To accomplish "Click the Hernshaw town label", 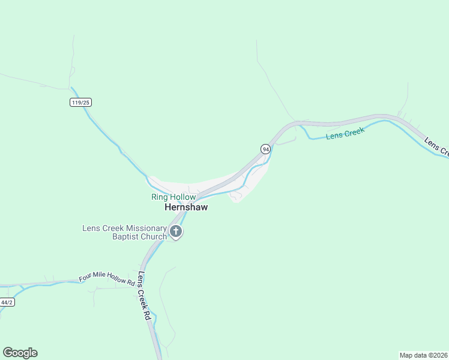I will point(186,207).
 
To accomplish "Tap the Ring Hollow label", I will point(173,197).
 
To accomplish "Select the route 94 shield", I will point(265,149).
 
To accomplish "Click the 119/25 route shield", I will point(80,103).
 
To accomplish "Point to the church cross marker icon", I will point(176,232).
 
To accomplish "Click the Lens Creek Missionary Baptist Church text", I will point(124,232).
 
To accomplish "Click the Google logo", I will point(20,353).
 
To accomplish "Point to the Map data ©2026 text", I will point(423,355).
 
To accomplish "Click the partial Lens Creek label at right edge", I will point(436,147).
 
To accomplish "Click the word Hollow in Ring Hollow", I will point(182,197).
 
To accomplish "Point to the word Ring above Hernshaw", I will point(158,197).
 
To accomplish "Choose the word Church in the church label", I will point(154,236).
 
